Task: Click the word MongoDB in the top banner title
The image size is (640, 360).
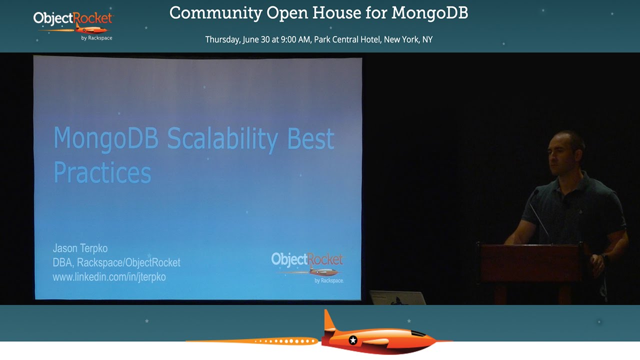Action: tap(429, 13)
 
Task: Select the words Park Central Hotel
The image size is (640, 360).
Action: tap(347, 39)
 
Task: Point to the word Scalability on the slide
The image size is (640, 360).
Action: tap(222, 139)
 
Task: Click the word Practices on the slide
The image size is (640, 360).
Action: tap(102, 172)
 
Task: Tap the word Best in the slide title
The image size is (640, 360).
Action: tap(310, 138)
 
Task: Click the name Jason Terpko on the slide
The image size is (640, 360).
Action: tap(80, 248)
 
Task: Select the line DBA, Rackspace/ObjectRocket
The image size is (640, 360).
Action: tap(116, 262)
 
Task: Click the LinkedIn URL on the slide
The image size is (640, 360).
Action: tap(109, 276)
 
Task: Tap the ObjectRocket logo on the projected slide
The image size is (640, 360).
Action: tap(307, 266)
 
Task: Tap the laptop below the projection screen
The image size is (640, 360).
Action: tap(397, 297)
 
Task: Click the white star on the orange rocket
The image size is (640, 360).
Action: tap(353, 340)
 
